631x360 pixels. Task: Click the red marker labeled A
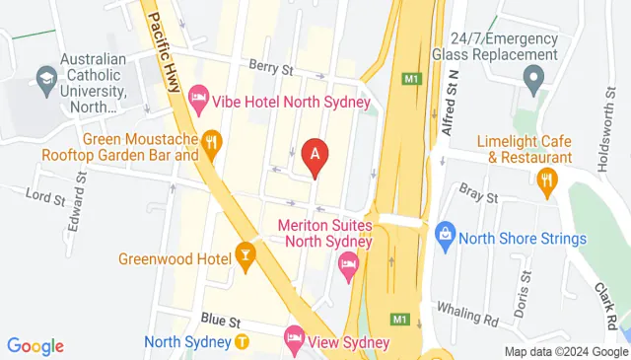(x=315, y=156)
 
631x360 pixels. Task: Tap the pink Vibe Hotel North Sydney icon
(x=198, y=97)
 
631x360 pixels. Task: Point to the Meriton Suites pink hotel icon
(x=348, y=262)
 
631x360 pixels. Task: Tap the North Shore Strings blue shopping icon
(x=445, y=235)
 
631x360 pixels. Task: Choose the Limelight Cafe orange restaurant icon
(x=547, y=179)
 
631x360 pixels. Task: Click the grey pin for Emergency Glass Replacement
(x=532, y=76)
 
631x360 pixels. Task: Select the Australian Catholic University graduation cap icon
(x=45, y=76)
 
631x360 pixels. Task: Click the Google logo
(x=35, y=346)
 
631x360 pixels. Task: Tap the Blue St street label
(x=213, y=321)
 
